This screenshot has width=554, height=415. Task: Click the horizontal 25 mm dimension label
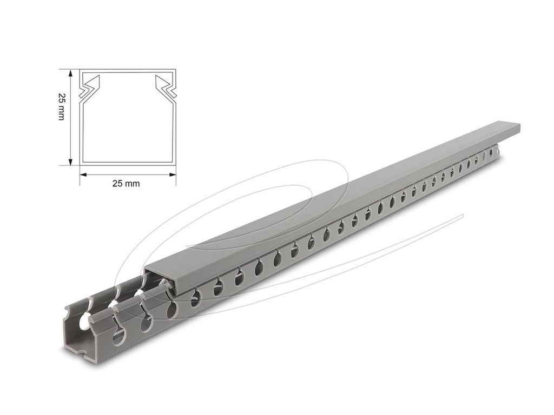(x=126, y=184)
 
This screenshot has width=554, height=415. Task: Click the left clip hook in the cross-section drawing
(x=89, y=87)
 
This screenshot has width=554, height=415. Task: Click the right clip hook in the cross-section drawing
(x=166, y=87)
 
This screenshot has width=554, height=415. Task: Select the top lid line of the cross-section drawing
(x=128, y=70)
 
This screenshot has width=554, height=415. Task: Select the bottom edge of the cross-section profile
(x=128, y=163)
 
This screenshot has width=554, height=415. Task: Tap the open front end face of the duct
(x=81, y=346)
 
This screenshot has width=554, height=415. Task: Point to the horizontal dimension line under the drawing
(x=128, y=175)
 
